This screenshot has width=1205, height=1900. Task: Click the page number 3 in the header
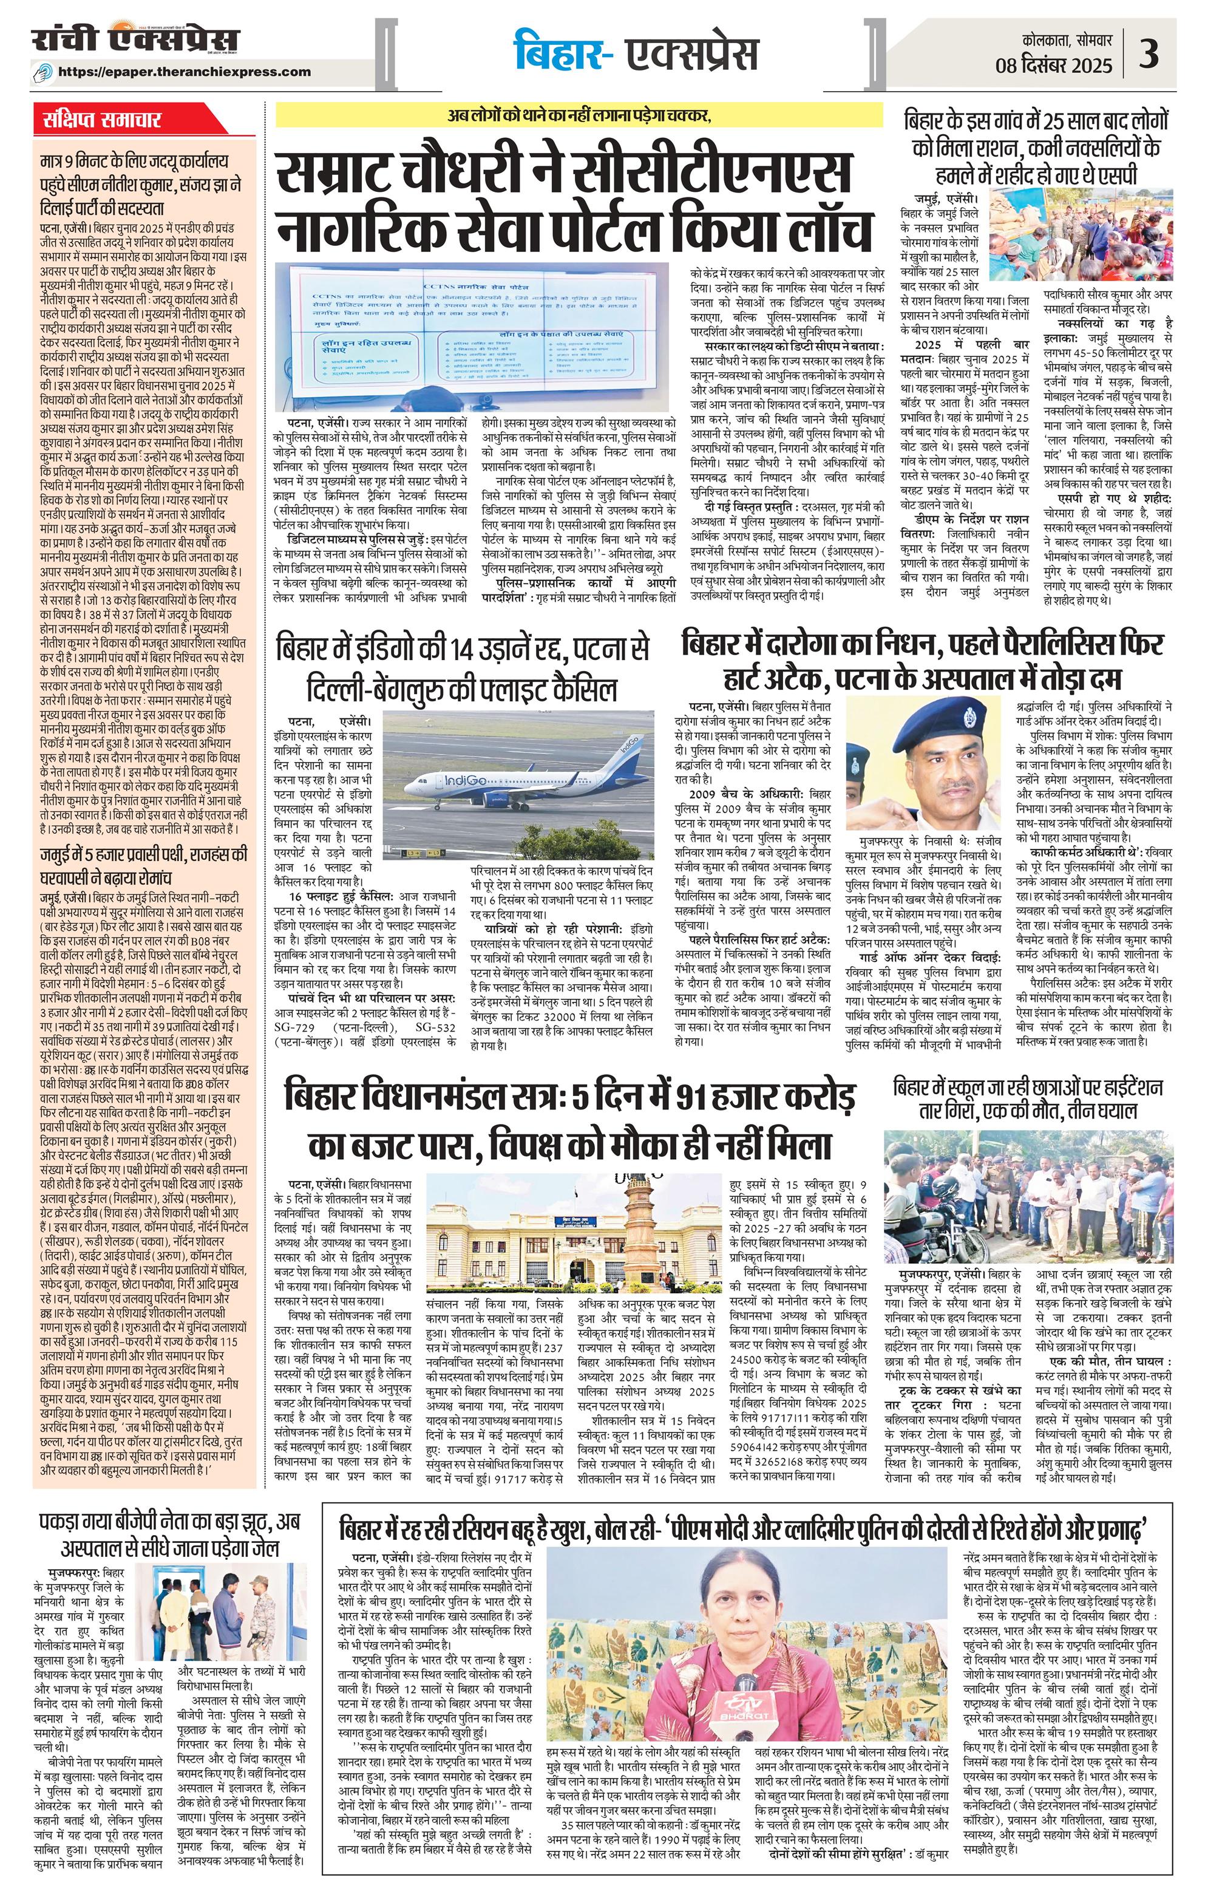click(1170, 56)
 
